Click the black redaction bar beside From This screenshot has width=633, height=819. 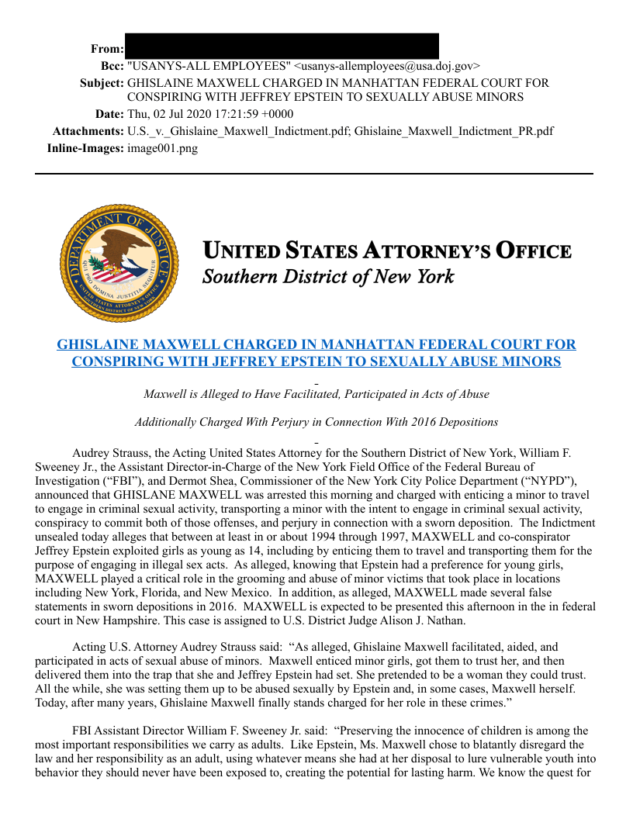282,46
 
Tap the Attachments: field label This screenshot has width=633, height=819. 88,131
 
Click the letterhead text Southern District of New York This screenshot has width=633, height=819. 328,277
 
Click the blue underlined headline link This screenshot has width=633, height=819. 316,353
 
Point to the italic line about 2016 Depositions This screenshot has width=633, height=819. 316,422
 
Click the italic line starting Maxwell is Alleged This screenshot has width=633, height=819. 316,394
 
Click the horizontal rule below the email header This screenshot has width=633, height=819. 314,174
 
